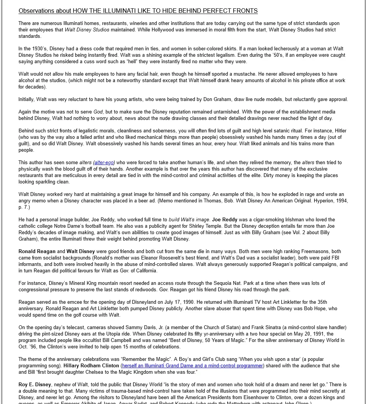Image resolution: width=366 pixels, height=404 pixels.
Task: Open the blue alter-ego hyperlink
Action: coord(104,162)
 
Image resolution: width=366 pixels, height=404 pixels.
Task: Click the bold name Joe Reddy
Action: coord(225,219)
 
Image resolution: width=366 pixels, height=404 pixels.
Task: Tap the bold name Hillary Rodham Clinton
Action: coord(91,365)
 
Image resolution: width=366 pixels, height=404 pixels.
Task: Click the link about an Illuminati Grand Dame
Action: coord(192,365)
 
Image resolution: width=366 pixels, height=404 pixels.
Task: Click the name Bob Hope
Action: coord(315,308)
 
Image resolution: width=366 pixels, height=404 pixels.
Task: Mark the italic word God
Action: coord(98,112)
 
